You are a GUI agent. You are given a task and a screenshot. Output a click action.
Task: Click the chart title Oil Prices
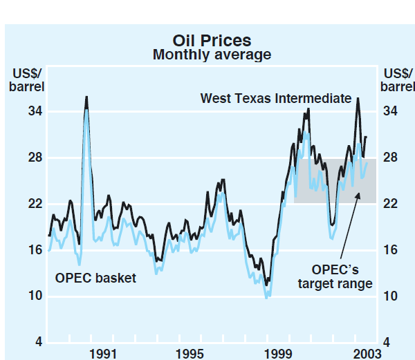pyautogui.click(x=212, y=40)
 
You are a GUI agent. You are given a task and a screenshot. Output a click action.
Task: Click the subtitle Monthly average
pyautogui.click(x=212, y=55)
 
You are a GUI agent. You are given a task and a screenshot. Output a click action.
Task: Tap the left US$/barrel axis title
pyautogui.click(x=27, y=80)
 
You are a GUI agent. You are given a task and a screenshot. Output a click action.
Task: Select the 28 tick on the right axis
pyautogui.click(x=389, y=158)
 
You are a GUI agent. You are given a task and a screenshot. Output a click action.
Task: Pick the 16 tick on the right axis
pyautogui.click(x=389, y=250)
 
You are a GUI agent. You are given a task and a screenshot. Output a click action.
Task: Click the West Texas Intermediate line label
pyautogui.click(x=276, y=98)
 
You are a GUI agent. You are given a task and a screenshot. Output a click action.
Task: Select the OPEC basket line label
pyautogui.click(x=95, y=278)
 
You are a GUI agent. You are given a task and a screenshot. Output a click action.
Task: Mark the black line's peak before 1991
pyautogui.click(x=86, y=97)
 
